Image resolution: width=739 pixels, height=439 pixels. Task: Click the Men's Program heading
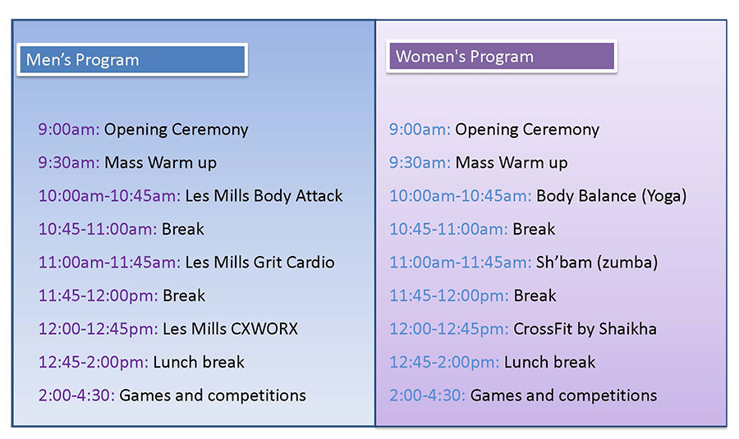(82, 60)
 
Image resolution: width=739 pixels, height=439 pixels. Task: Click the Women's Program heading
(465, 57)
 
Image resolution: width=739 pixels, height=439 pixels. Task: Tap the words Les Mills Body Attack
(264, 196)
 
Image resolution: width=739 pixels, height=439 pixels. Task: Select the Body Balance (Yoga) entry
(611, 196)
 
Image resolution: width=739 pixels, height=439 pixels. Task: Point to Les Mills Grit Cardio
(259, 263)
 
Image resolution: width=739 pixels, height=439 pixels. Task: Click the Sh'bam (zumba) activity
(597, 263)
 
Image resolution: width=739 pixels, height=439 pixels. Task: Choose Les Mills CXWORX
(231, 329)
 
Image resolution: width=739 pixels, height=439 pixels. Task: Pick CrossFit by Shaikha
(585, 329)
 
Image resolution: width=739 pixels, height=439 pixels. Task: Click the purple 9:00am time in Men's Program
(69, 130)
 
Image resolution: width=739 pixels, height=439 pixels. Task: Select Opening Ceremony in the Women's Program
(527, 130)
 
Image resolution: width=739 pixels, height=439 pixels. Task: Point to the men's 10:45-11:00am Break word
(183, 230)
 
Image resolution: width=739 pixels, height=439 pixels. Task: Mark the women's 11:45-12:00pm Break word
(535, 295)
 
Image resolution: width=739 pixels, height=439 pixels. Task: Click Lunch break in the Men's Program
(199, 362)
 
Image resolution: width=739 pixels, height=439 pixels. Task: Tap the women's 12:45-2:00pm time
(444, 362)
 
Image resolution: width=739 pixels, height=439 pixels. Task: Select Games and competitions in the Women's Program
(563, 396)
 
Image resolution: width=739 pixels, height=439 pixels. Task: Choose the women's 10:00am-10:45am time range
(461, 196)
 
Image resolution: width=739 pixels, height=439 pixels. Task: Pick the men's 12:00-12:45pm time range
(98, 329)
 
